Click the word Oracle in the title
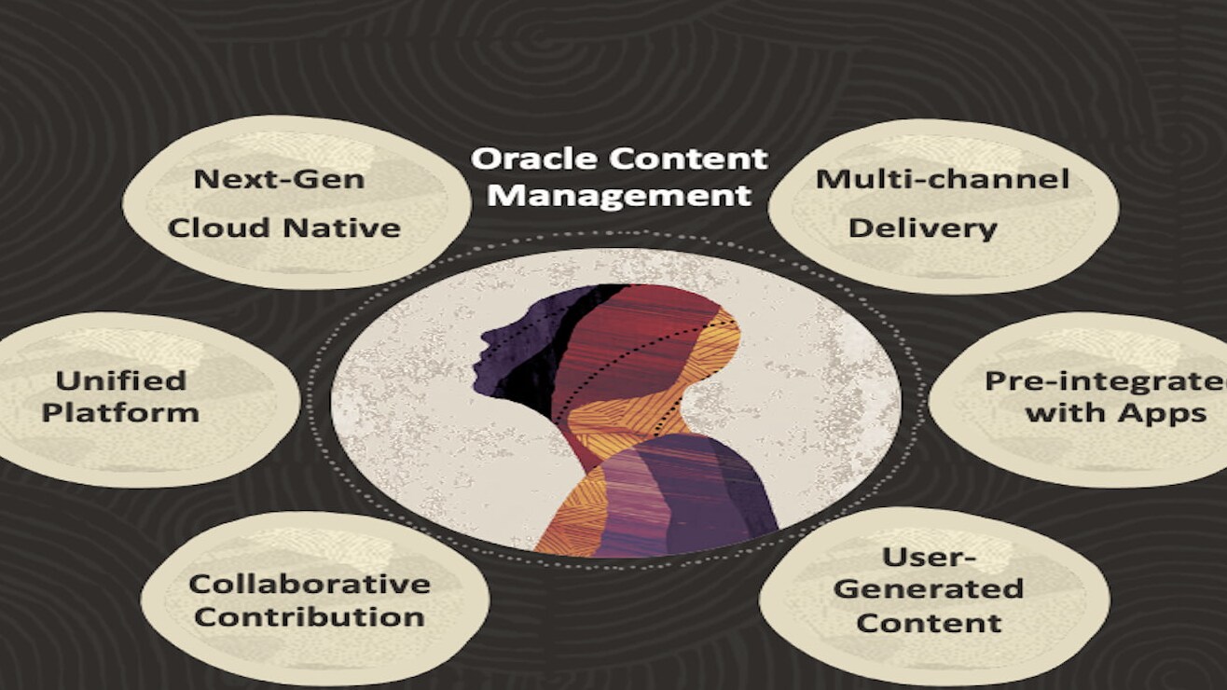point(534,159)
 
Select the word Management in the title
point(619,196)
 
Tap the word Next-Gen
point(280,179)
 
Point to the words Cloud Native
point(284,228)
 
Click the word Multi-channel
point(942,179)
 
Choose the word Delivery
point(923,228)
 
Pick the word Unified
point(121,381)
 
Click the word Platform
point(120,413)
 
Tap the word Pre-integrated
point(1106,381)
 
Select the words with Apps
point(1116,413)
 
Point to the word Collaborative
point(310,585)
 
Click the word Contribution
point(310,617)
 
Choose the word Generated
point(929,589)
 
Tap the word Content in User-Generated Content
point(929,623)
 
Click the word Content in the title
point(689,159)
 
